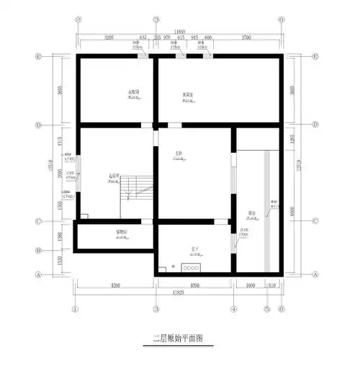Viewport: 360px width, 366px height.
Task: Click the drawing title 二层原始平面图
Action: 179,336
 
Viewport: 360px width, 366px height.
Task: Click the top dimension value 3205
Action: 109,37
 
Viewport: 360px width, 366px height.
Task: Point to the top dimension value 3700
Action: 247,37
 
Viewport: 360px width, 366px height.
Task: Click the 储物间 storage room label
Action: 122,232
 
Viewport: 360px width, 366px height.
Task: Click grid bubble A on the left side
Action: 37,274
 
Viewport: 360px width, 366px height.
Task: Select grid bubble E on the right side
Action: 315,56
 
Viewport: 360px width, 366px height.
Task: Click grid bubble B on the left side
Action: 37,251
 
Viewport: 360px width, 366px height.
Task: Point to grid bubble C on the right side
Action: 315,221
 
